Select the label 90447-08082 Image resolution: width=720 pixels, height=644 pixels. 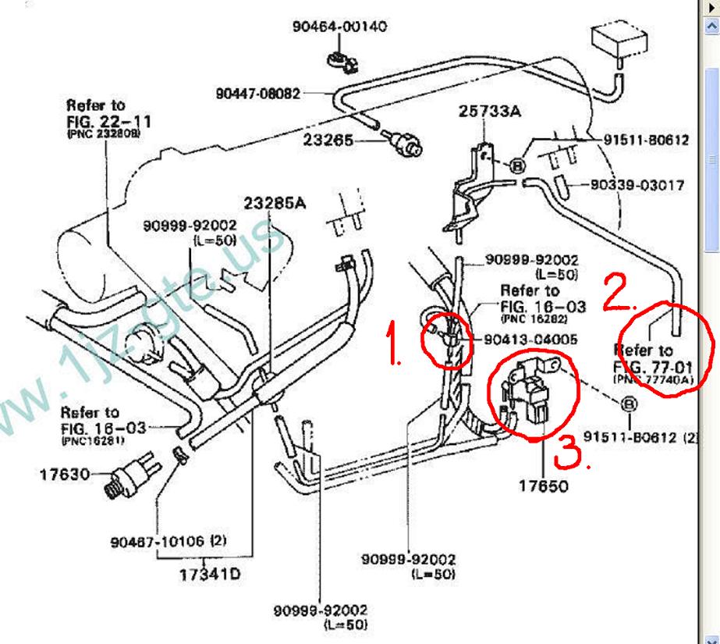pyautogui.click(x=257, y=94)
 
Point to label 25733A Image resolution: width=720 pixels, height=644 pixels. pyautogui.click(x=489, y=112)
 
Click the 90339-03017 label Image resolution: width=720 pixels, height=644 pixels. pyautogui.click(x=637, y=186)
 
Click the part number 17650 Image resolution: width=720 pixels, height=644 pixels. pyautogui.click(x=544, y=486)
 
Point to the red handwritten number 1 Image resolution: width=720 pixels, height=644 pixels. pyautogui.click(x=395, y=349)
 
